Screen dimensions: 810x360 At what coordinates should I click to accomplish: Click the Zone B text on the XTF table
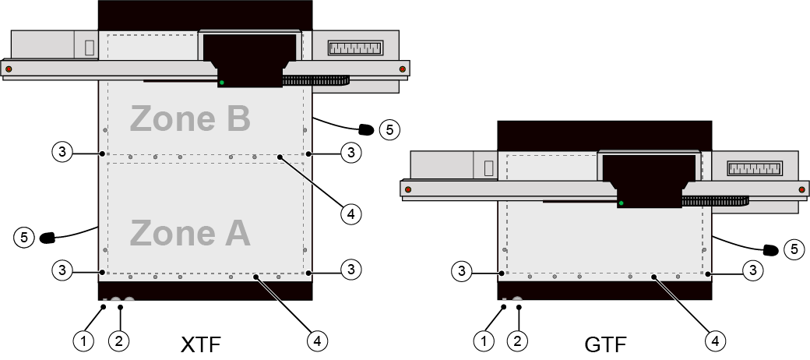tap(190, 118)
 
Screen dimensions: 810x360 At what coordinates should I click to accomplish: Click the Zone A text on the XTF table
tap(190, 233)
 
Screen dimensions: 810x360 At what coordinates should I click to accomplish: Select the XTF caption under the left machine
tap(202, 344)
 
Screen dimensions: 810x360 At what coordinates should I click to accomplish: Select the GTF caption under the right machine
tap(606, 344)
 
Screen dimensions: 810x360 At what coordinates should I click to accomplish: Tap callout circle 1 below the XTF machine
tap(83, 341)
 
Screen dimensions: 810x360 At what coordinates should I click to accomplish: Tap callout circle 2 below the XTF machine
tap(119, 341)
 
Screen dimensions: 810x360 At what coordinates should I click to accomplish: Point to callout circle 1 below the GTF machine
tap(484, 341)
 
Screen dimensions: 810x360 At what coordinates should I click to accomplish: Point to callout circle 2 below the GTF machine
tap(517, 341)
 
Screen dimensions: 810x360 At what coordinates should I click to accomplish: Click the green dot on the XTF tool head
tap(222, 83)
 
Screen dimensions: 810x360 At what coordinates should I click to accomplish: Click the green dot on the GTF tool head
tap(621, 203)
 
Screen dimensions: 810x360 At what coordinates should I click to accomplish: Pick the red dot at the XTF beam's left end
tap(9, 69)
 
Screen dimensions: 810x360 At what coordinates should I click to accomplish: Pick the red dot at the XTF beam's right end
tap(403, 69)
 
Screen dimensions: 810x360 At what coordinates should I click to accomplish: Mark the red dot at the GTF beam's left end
tap(408, 189)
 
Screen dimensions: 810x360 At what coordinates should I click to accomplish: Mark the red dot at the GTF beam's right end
tap(801, 189)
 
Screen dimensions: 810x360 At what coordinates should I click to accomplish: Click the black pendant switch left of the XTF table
tap(48, 238)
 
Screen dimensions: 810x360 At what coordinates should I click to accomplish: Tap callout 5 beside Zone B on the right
tap(389, 129)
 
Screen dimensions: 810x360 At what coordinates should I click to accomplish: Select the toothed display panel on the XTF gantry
tap(355, 48)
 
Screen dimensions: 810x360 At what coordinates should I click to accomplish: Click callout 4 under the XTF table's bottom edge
tap(317, 341)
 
